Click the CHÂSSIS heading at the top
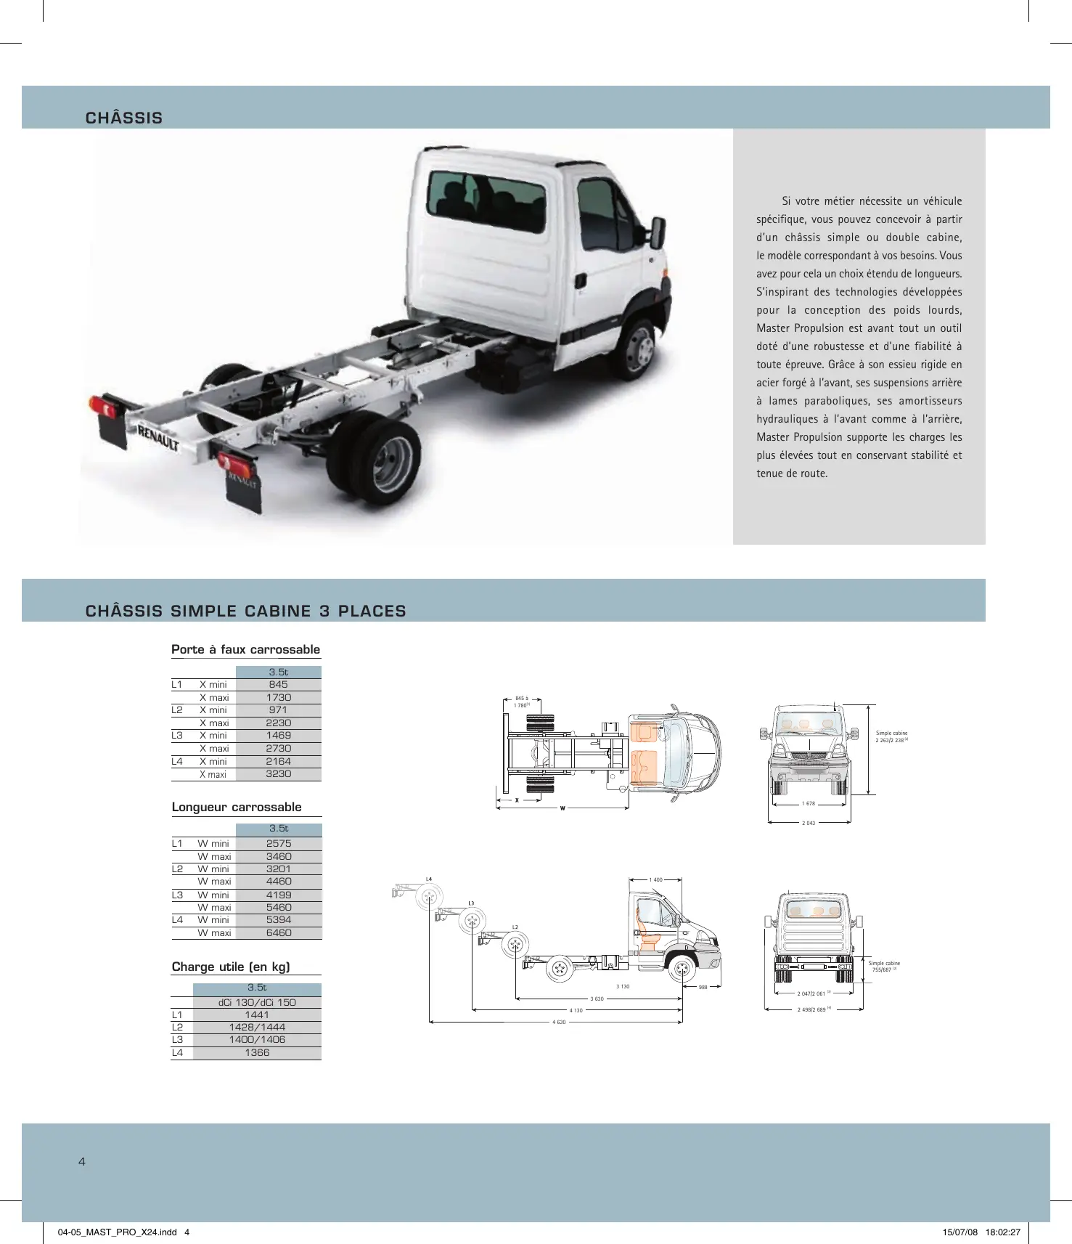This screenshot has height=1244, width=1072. click(x=124, y=118)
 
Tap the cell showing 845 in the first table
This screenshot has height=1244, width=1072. click(x=278, y=684)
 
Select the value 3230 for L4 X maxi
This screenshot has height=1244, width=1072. click(x=278, y=774)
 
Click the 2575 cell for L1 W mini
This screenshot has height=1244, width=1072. click(x=279, y=843)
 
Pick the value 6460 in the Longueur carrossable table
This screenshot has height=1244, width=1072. click(x=279, y=932)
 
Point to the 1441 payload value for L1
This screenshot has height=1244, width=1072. click(x=257, y=1015)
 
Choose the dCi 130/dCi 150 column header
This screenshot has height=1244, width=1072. click(x=257, y=1002)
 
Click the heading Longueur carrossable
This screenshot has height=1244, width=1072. click(x=237, y=807)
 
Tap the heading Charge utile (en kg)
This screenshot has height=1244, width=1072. click(x=231, y=967)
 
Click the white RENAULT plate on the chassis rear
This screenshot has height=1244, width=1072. click(x=158, y=439)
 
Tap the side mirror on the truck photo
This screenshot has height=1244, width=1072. click(x=658, y=232)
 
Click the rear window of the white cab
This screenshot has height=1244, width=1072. click(x=486, y=200)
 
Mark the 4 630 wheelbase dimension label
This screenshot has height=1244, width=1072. click(x=559, y=1022)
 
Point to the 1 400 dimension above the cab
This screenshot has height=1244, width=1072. click(x=656, y=879)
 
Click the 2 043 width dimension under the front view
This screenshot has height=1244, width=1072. click(x=809, y=823)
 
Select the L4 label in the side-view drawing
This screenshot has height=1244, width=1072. click(x=429, y=879)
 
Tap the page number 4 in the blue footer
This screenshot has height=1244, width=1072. click(x=82, y=1161)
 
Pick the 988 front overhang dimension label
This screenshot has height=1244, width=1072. click(x=703, y=987)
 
